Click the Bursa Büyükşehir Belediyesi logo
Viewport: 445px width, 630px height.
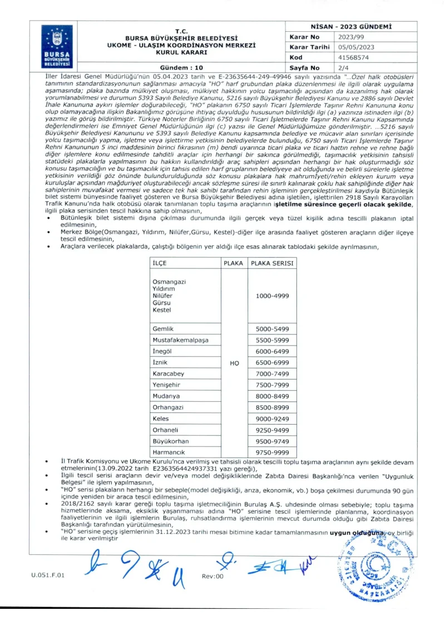(x=55, y=46)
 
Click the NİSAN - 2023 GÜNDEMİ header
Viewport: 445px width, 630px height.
(x=351, y=26)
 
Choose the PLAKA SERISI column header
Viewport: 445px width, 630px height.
(x=271, y=263)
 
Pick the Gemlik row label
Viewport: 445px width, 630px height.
(x=163, y=329)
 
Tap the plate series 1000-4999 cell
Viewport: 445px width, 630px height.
(x=271, y=296)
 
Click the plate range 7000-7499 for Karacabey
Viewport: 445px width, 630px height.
(x=271, y=374)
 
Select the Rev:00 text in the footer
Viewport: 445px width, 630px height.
(x=212, y=576)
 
